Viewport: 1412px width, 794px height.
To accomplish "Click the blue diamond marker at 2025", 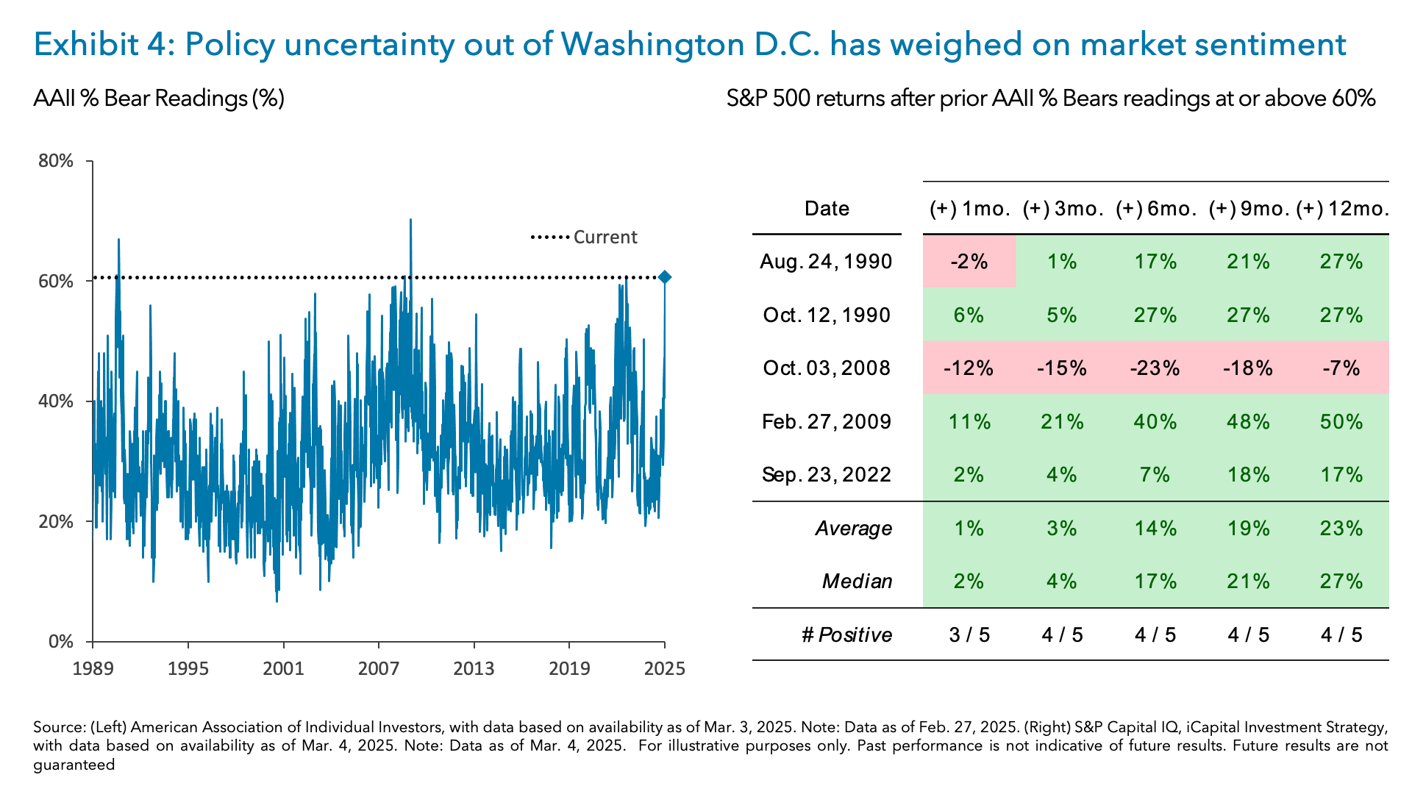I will coord(664,277).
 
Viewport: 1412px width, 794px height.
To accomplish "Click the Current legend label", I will coord(605,237).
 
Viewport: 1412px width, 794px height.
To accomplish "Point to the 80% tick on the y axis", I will coord(56,161).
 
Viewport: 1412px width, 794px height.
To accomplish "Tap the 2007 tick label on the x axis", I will coord(379,668).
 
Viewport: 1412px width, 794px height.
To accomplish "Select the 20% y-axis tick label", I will coord(56,522).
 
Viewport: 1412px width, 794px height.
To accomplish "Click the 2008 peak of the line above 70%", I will coord(410,220).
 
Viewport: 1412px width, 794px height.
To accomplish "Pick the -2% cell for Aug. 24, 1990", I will coord(969,262).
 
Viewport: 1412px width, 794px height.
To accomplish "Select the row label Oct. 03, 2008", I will coord(827,368).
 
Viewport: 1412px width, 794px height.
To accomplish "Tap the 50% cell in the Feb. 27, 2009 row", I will coord(1341,421).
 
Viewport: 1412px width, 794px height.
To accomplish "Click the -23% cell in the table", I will coord(1155,368).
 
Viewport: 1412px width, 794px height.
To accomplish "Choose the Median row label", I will coord(857,581).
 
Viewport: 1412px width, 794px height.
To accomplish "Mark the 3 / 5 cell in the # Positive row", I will coord(969,634).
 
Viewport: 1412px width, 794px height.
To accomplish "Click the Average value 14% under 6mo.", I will coord(1155,528).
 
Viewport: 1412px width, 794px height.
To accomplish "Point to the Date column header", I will coord(827,209).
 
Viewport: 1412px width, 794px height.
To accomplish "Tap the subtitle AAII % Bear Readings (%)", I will coord(159,98).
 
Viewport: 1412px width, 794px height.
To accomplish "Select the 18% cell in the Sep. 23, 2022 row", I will coord(1248,474).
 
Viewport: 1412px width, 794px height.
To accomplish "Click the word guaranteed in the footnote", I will coord(74,765).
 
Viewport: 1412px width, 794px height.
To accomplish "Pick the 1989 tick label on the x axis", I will coord(93,668).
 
